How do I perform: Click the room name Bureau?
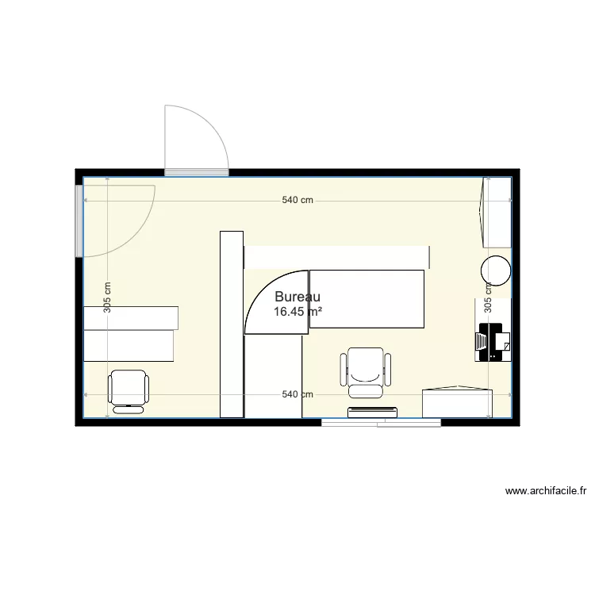pos(297,297)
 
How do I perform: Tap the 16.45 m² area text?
pos(297,312)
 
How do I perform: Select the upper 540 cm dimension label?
pos(297,201)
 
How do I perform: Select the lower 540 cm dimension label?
pos(297,394)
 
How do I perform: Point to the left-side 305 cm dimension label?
pos(107,297)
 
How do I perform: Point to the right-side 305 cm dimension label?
pos(488,297)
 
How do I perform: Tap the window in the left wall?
pos(79,216)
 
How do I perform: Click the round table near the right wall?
pos(496,270)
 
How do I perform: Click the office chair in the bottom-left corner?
pos(128,390)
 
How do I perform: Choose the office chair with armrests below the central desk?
pos(366,372)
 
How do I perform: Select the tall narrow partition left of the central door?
pos(231,323)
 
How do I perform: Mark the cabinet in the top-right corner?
pos(497,212)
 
